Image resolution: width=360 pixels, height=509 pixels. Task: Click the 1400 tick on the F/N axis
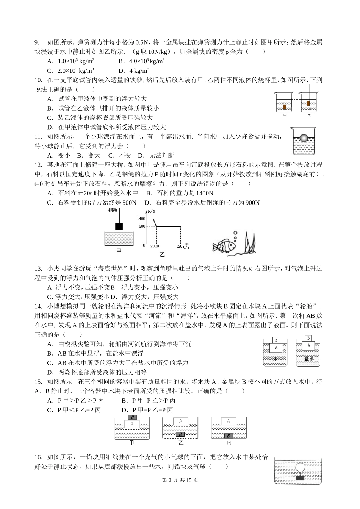141,219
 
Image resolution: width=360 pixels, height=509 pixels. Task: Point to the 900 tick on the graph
142,226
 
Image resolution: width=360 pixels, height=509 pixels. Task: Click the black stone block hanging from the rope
119,226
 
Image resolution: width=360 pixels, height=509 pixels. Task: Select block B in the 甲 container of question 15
132,418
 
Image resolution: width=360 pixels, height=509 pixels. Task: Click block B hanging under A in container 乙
181,434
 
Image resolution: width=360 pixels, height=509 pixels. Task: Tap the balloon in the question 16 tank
300,468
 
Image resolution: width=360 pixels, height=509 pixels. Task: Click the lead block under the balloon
300,478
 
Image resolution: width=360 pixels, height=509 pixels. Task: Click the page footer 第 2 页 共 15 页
180,490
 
